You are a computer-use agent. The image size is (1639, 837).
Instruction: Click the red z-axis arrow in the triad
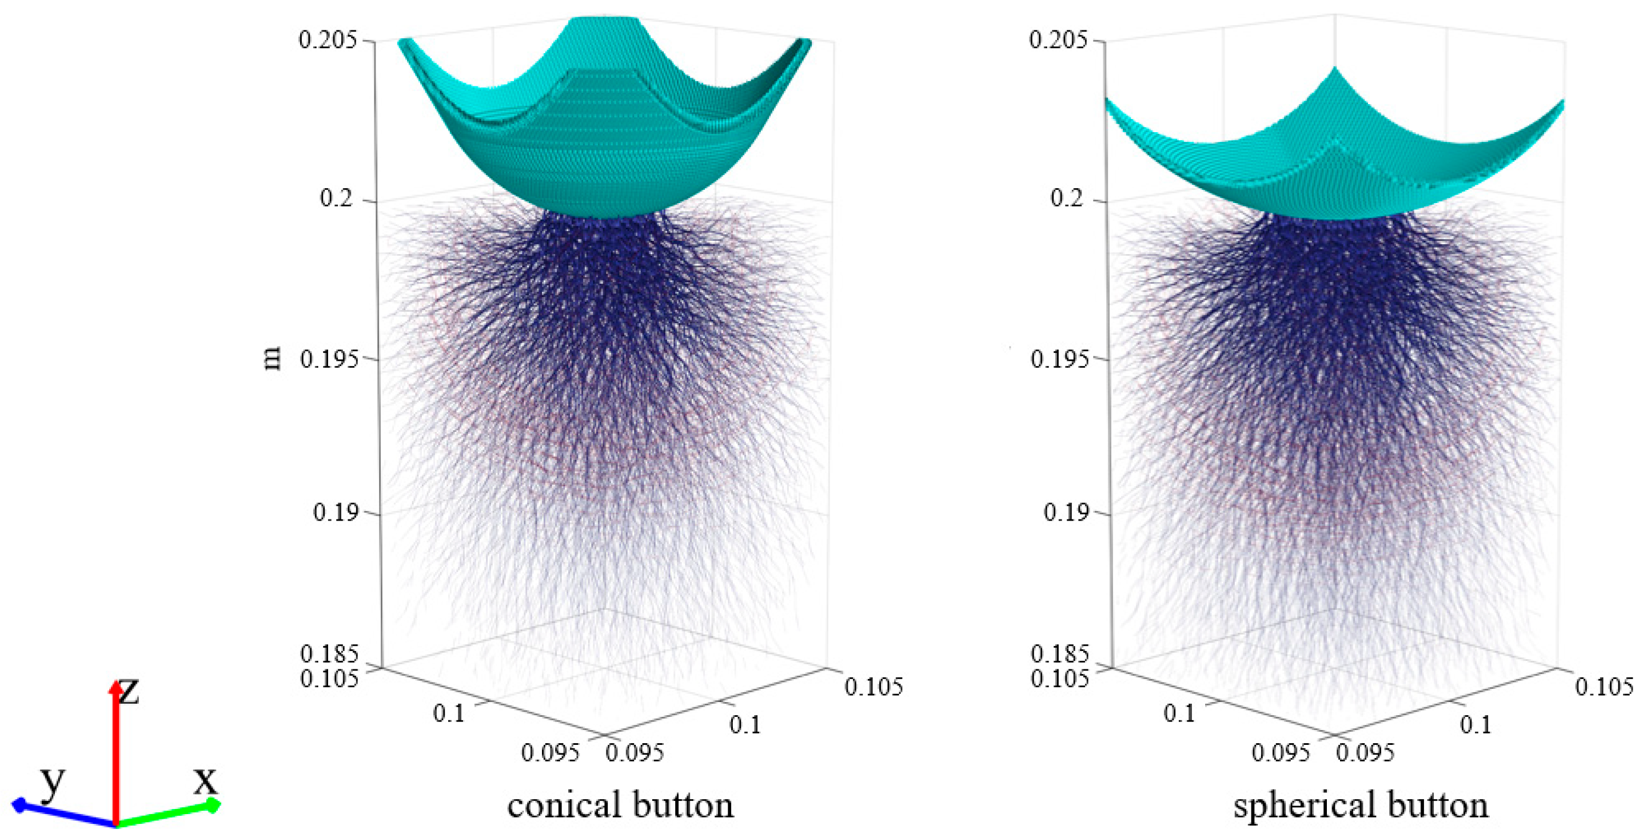point(115,751)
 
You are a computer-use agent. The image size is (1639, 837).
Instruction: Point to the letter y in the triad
point(52,782)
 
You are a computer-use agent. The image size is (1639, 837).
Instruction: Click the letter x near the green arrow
point(205,780)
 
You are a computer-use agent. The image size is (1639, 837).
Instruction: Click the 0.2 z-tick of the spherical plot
point(1066,198)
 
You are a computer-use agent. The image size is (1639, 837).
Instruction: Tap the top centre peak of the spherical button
point(1334,69)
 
